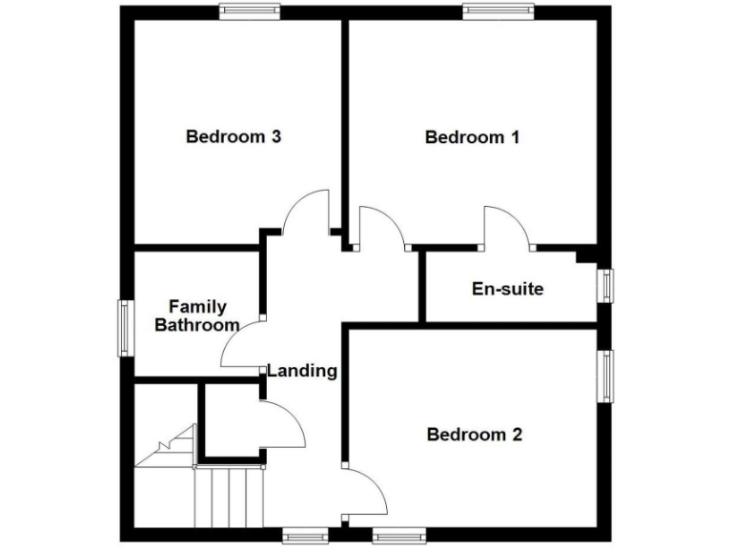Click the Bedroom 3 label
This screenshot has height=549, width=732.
point(233,136)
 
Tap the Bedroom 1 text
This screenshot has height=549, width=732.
point(472,137)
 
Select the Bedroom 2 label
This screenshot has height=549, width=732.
point(474,435)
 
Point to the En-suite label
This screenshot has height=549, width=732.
point(508,288)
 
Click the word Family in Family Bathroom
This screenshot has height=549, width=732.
point(197,307)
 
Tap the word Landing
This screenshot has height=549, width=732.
point(301,371)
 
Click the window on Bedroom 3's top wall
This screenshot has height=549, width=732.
point(249,11)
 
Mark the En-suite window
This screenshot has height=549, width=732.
point(605,285)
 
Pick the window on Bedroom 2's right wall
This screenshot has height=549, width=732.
point(605,376)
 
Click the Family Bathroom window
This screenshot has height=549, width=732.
point(124,329)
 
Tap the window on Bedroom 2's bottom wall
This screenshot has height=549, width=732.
point(398,534)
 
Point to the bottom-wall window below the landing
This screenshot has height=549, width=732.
point(305,534)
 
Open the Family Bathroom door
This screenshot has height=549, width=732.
point(241,345)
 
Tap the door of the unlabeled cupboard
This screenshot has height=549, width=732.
point(282,424)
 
